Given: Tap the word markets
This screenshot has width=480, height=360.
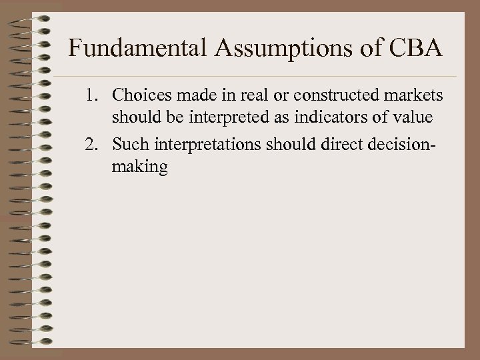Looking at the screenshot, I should coord(417,97).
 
